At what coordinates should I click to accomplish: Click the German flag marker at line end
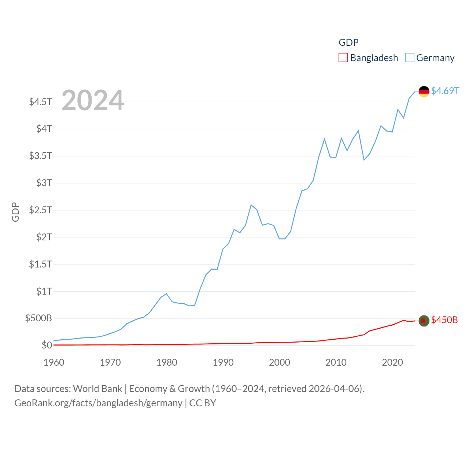tap(424, 92)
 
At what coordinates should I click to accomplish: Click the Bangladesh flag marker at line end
tap(424, 321)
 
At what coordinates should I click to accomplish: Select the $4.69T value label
tap(445, 91)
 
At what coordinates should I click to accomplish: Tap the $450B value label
tap(444, 320)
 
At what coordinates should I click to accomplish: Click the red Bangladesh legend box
tap(343, 58)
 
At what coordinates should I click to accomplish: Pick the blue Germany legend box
tap(409, 58)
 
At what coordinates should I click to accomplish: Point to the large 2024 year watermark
tap(93, 100)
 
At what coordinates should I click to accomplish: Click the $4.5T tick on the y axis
tap(41, 101)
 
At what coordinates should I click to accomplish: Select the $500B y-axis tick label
tap(38, 318)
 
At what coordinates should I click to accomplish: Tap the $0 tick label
tap(47, 345)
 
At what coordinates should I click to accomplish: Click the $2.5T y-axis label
tap(41, 210)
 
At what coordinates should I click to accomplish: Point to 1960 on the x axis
tap(54, 362)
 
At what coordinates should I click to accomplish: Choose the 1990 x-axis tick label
tap(223, 362)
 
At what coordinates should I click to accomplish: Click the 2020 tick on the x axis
tap(392, 362)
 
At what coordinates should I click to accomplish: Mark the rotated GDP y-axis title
tap(15, 212)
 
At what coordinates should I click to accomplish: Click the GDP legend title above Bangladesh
tap(348, 43)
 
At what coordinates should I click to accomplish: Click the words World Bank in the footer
tap(97, 389)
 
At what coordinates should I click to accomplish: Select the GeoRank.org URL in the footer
tap(98, 403)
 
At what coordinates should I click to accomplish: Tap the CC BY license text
tap(203, 403)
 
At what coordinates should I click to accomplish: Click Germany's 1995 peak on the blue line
tap(251, 205)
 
